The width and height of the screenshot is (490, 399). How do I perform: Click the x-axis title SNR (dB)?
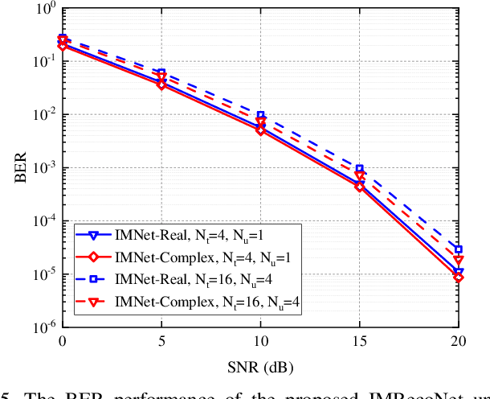260,367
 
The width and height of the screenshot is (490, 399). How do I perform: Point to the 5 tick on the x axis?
161,342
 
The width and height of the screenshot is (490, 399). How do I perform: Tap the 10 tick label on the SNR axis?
260,342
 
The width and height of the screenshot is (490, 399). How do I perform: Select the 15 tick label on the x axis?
359,342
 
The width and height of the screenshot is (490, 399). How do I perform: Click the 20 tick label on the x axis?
458,342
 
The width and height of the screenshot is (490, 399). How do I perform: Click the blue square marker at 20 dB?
458,249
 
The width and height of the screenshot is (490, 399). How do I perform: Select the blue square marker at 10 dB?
260,116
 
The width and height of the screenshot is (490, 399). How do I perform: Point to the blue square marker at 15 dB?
359,169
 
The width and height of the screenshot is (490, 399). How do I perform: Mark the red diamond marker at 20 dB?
458,278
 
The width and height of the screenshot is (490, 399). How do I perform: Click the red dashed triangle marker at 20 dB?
458,261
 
